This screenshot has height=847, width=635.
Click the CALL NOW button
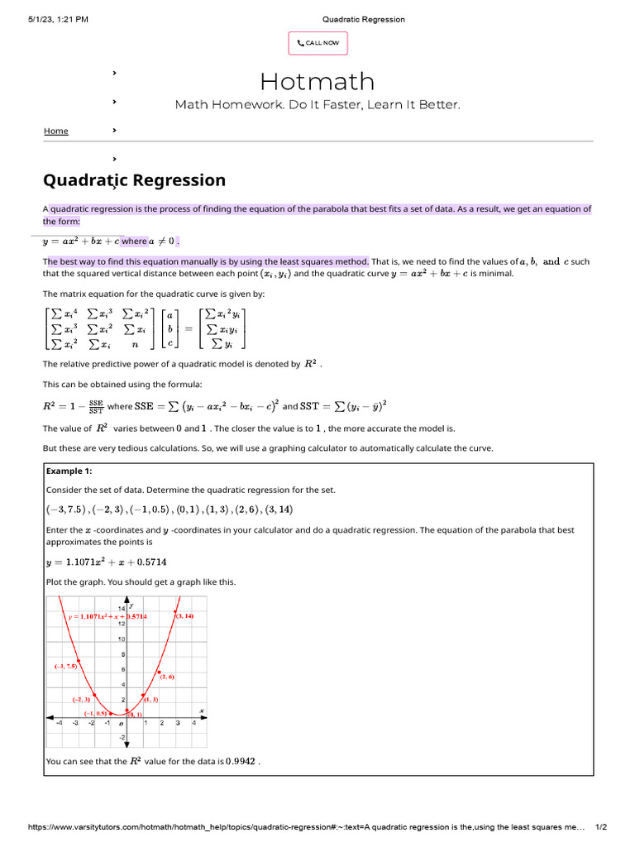317,43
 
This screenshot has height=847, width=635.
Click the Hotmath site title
317,81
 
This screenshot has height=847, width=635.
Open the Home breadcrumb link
56,131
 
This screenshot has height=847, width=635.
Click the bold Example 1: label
69,471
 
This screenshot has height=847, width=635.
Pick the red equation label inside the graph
107,616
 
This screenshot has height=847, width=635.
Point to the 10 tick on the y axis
121,639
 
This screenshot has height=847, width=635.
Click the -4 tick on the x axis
59,722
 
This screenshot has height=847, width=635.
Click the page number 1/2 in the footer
601,827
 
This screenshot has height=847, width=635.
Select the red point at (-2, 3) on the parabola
94,695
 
